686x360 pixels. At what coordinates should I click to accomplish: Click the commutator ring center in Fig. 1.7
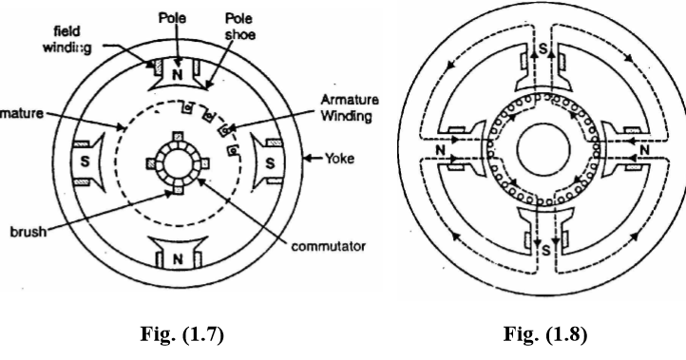[x=175, y=162]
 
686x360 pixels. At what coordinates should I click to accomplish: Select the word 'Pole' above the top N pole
[x=175, y=20]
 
